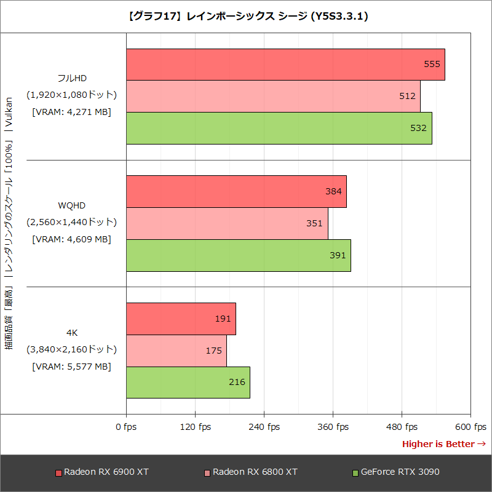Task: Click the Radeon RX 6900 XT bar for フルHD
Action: (x=285, y=65)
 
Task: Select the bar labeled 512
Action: (x=273, y=97)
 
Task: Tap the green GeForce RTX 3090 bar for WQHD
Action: (x=238, y=255)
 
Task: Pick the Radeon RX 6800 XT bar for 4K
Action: (x=177, y=351)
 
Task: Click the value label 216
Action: (x=237, y=382)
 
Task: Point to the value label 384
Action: (x=333, y=191)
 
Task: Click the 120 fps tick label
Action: (x=196, y=427)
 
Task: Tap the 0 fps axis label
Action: (x=126, y=427)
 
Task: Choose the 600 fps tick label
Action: (x=471, y=427)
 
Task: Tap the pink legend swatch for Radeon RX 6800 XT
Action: (x=207, y=473)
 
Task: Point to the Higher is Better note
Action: (x=443, y=444)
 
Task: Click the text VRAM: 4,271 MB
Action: (x=71, y=112)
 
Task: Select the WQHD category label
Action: (x=71, y=205)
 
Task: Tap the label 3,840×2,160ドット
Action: (x=71, y=349)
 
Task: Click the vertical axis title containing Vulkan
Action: (x=9, y=224)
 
